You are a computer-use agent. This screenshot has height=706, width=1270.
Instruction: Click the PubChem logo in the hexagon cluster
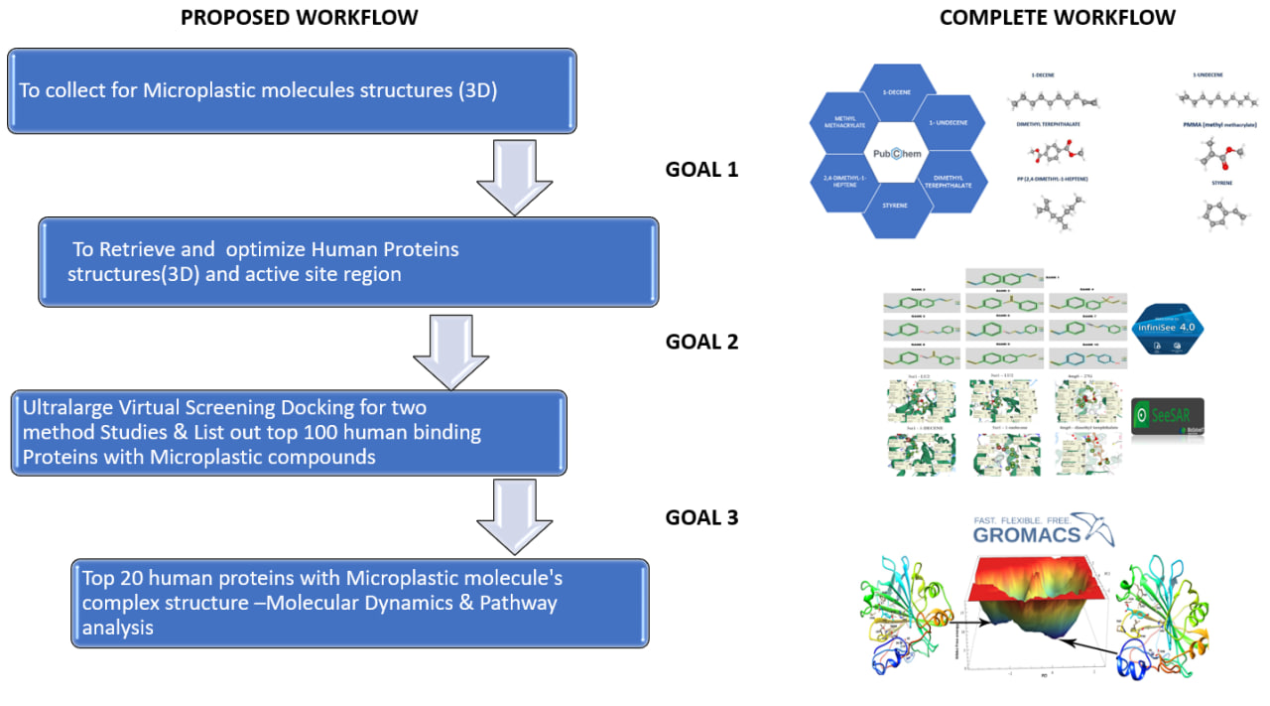899,155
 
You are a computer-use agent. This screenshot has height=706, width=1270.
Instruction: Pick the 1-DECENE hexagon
897,96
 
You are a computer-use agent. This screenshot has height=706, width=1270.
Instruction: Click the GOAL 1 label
701,170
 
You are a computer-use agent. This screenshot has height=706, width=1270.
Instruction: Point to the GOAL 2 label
701,342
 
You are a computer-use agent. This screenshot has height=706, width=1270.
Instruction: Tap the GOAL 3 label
701,516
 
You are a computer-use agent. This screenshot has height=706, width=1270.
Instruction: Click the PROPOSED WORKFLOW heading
299,18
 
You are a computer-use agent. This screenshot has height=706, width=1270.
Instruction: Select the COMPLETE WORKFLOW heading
1057,18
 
